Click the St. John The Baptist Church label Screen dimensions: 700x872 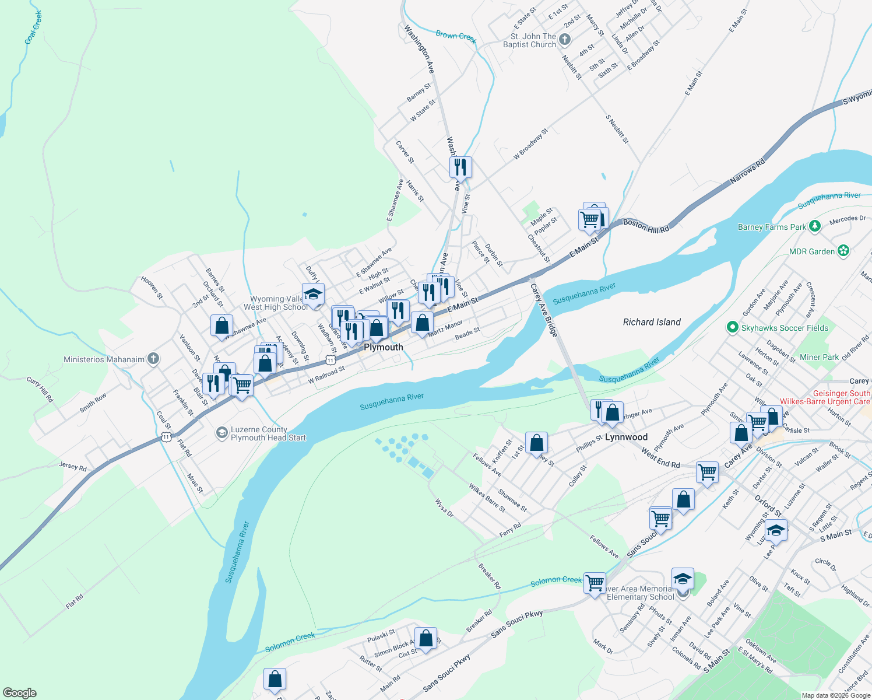click(529, 40)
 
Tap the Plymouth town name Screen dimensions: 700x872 click(384, 347)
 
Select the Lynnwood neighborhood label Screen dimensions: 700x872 click(626, 437)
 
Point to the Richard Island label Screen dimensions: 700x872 click(652, 322)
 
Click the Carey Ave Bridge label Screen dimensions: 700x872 click(544, 310)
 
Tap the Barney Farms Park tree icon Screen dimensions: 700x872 click(815, 226)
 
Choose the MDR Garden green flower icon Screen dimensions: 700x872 click(843, 251)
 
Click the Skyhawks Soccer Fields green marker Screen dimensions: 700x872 click(733, 327)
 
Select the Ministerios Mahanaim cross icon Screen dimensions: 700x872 click(153, 359)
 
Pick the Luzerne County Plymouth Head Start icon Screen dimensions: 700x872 click(221, 432)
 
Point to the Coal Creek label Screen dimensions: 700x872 click(33, 27)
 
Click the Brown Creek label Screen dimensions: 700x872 click(456, 36)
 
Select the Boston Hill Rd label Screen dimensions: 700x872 click(646, 226)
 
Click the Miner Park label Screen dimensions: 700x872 click(819, 357)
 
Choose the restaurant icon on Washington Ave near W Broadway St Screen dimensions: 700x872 click(460, 167)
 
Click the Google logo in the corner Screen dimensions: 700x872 click(19, 692)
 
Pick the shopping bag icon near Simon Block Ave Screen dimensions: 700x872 click(426, 638)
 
